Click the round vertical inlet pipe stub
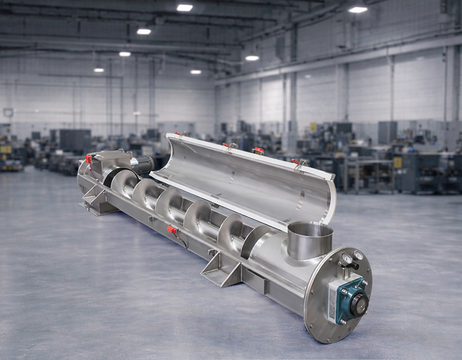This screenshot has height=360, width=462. point(310,240)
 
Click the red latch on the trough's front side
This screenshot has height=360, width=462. point(172,230)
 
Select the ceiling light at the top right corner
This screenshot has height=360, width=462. point(358,9)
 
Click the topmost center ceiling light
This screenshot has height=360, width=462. point(185,8)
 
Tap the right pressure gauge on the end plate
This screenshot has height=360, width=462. point(358,256)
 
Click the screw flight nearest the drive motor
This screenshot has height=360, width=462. point(123,182)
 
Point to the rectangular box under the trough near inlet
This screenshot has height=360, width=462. point(255,281)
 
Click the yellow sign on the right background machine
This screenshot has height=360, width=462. point(397,163)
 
